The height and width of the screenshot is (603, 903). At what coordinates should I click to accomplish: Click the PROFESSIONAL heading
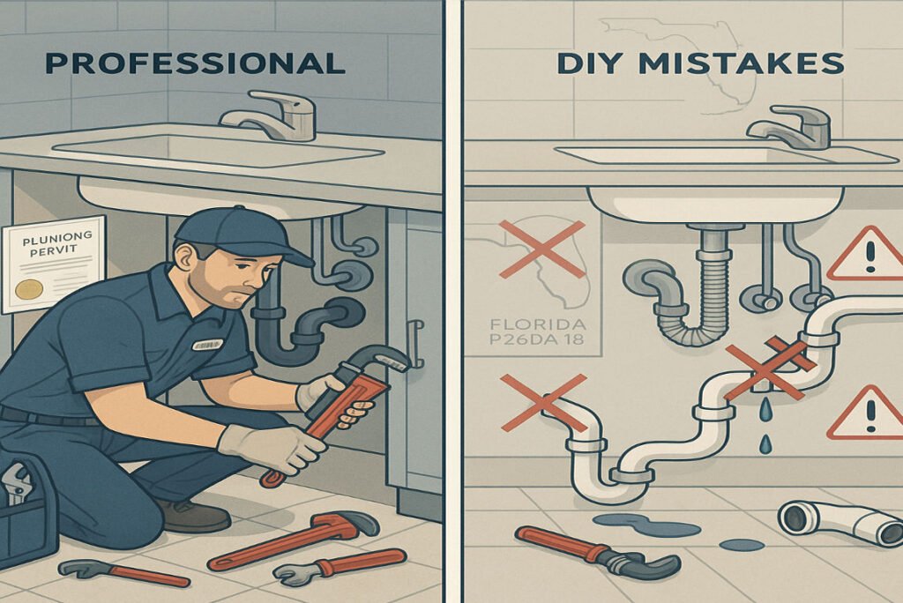(x=194, y=63)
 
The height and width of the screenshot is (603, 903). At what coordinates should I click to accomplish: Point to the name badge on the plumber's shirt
(x=206, y=345)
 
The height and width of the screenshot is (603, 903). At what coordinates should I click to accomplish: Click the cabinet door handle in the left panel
(x=414, y=344)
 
